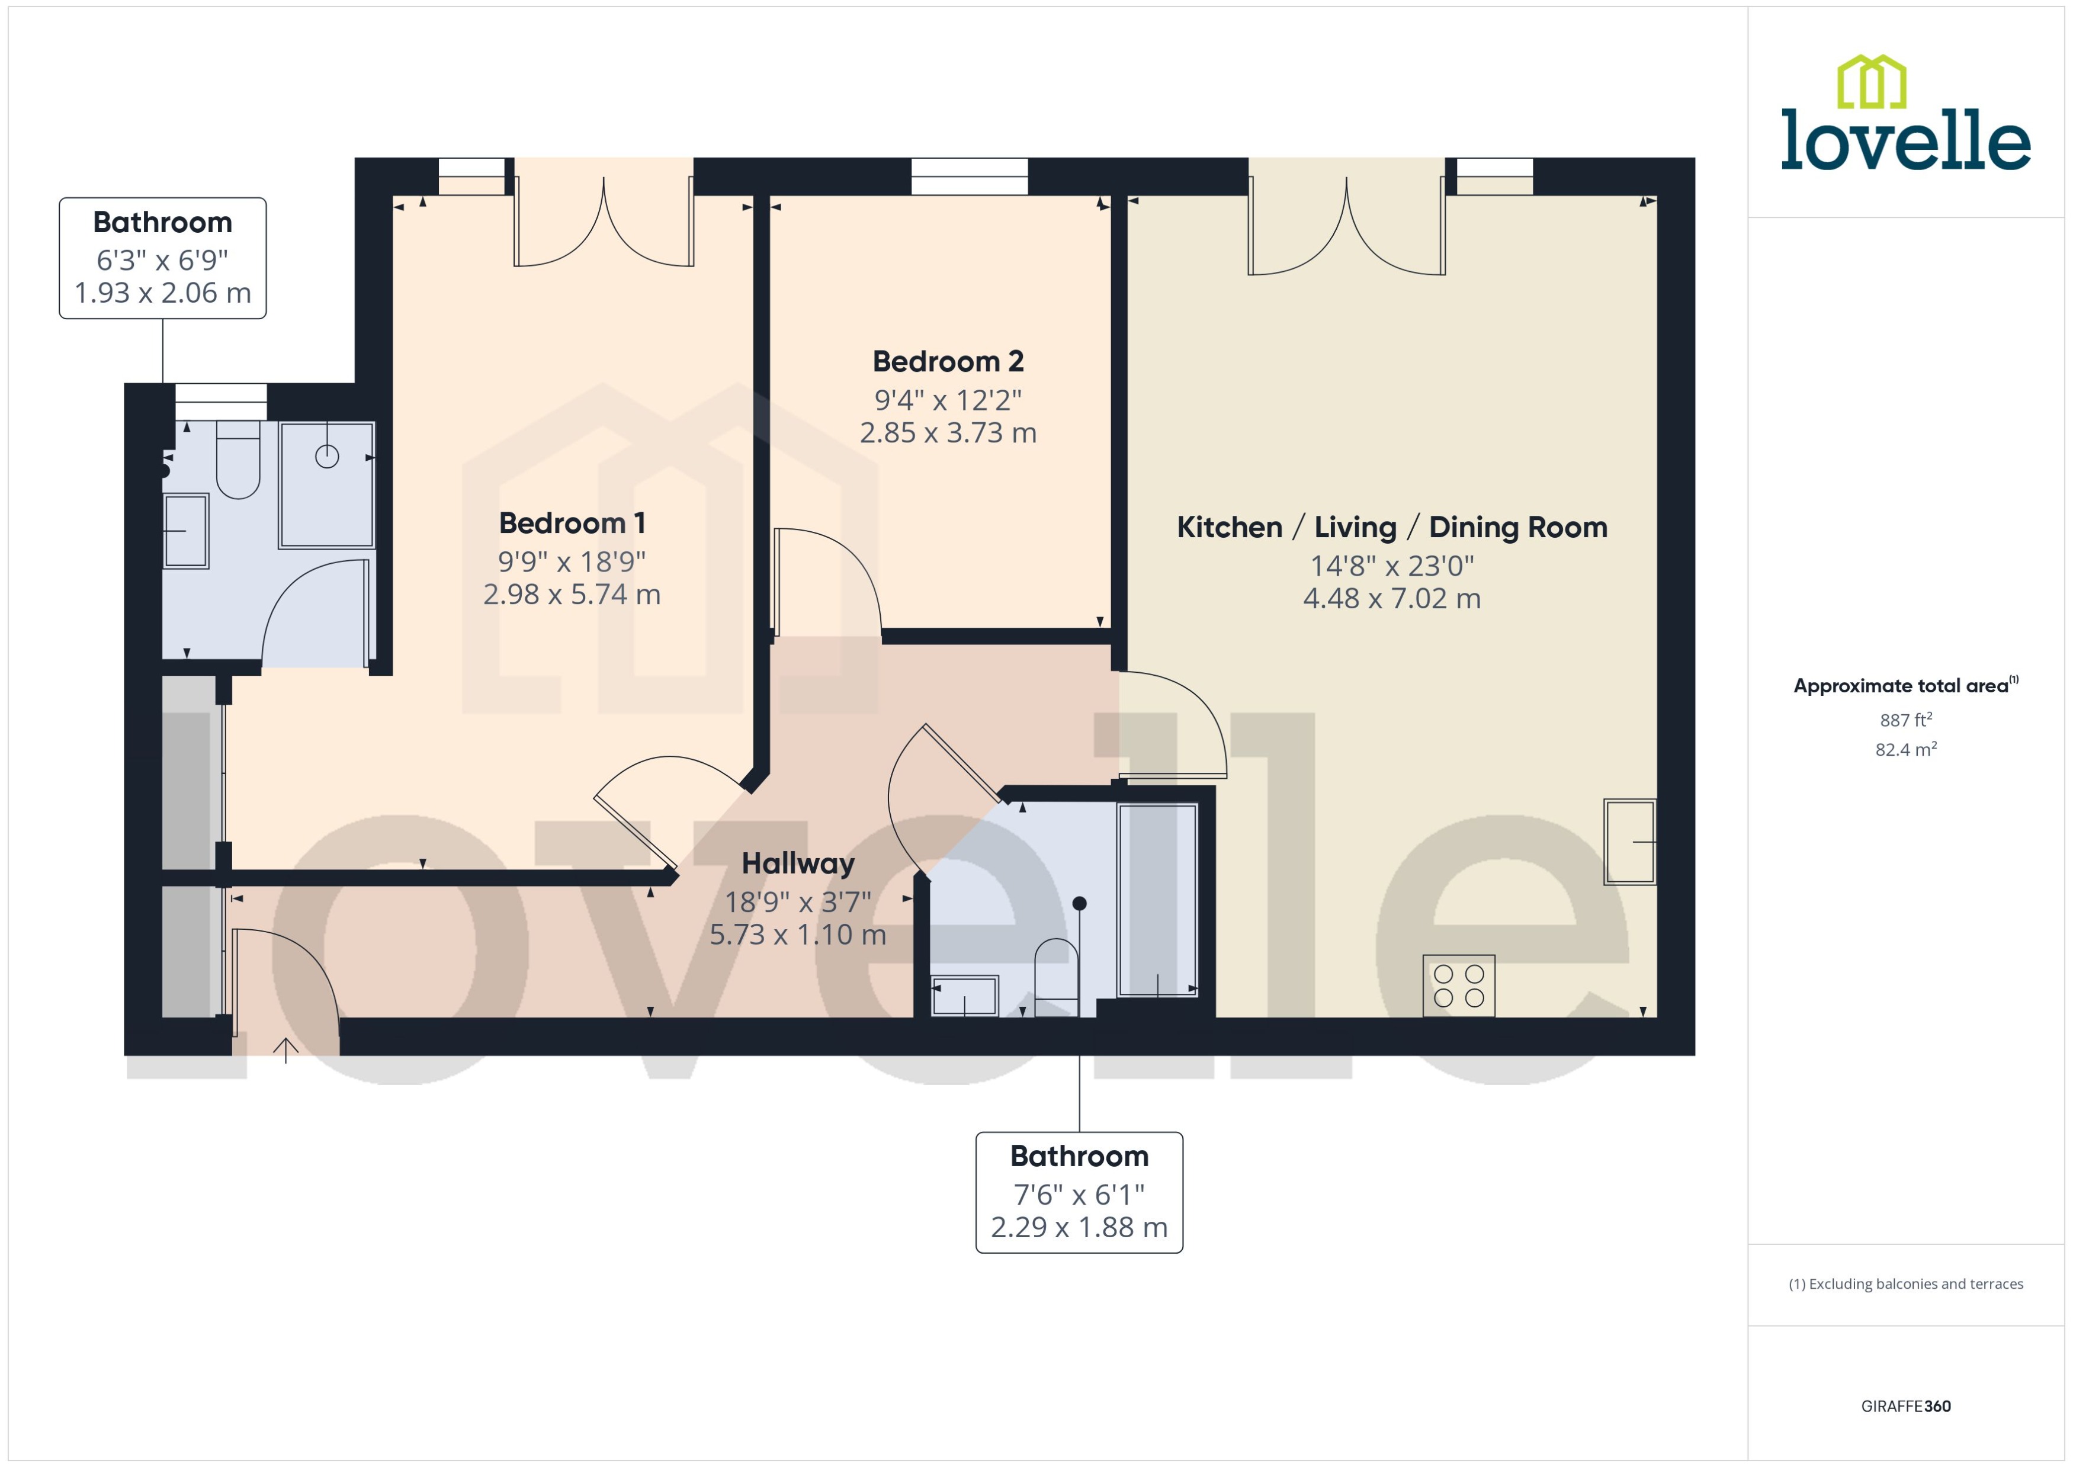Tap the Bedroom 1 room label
[572, 523]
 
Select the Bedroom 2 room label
[948, 361]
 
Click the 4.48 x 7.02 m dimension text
[1391, 598]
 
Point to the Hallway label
[798, 863]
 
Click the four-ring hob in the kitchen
[1458, 986]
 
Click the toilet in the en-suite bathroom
[239, 461]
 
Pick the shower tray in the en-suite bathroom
[327, 485]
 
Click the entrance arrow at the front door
[285, 1049]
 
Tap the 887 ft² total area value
[1905, 720]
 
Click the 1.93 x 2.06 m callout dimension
[163, 293]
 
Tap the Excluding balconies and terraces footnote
[1905, 1283]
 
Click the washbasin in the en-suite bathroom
[186, 531]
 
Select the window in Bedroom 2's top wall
[969, 176]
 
